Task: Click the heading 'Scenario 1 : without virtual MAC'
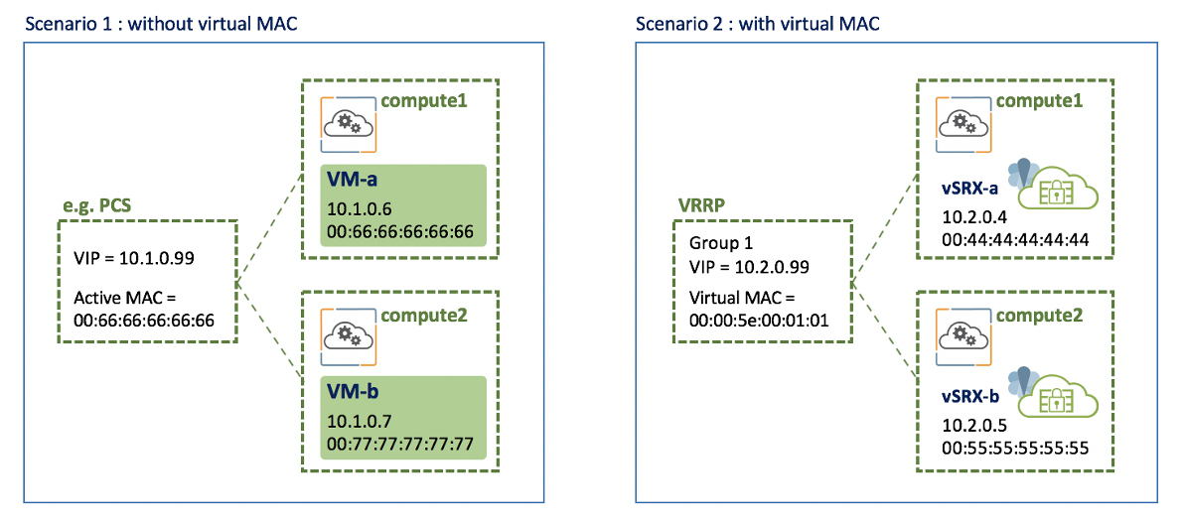[162, 23]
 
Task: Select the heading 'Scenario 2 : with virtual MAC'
[757, 23]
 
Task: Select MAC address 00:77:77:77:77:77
[400, 444]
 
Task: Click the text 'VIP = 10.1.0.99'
[134, 258]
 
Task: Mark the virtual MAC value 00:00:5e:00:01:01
[760, 320]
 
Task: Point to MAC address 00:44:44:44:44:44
[1016, 240]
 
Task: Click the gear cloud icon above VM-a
[351, 124]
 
